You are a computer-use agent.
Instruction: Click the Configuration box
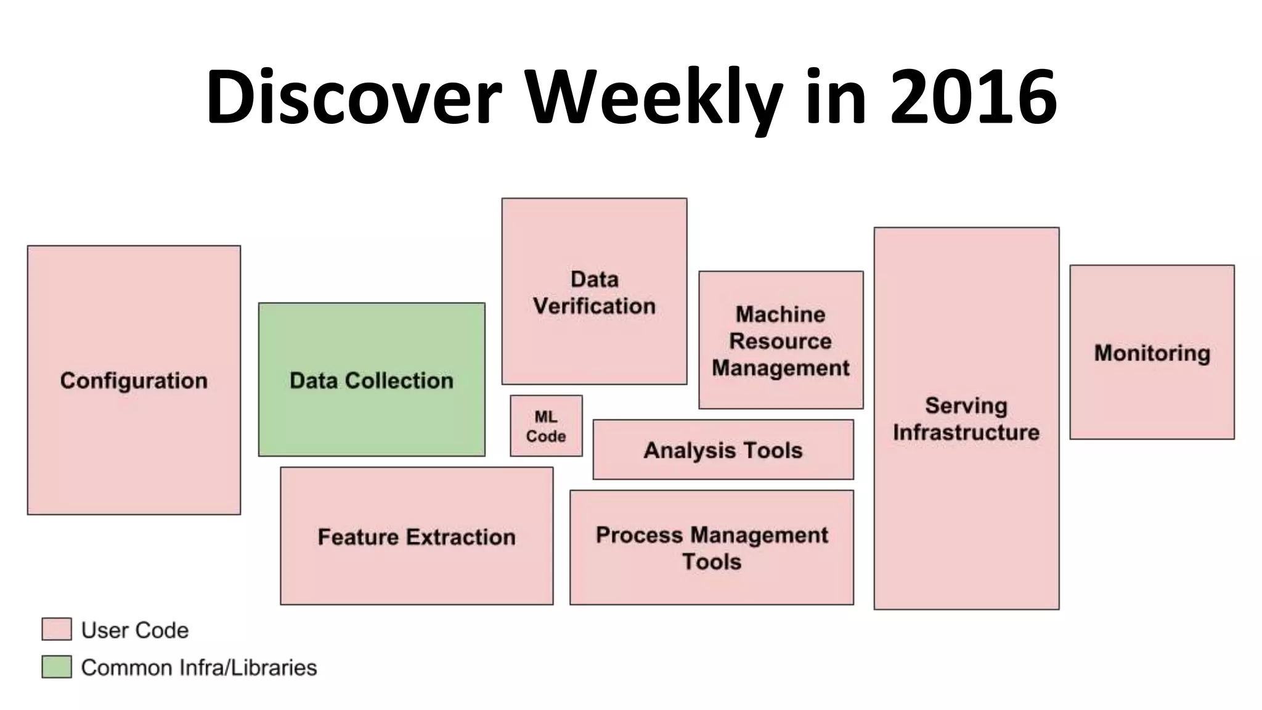pyautogui.click(x=134, y=380)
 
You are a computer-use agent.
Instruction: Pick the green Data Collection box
pyautogui.click(x=372, y=380)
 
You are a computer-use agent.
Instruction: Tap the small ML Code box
pyautogui.click(x=546, y=426)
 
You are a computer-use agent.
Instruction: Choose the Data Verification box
pyautogui.click(x=594, y=292)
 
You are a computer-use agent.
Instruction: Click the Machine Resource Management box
pyautogui.click(x=781, y=340)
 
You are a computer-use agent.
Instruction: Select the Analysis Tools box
pyautogui.click(x=723, y=450)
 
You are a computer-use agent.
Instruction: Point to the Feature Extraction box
pyautogui.click(x=417, y=536)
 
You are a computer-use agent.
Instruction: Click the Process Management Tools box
pyautogui.click(x=712, y=548)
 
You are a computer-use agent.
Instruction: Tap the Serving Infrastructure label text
pyautogui.click(x=966, y=419)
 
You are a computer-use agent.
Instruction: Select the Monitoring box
pyautogui.click(x=1152, y=353)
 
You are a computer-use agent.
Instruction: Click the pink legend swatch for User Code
pyautogui.click(x=57, y=629)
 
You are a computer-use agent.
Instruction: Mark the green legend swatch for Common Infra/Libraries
pyautogui.click(x=57, y=667)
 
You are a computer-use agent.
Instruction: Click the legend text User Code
pyautogui.click(x=135, y=630)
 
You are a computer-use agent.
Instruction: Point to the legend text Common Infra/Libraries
pyautogui.click(x=199, y=667)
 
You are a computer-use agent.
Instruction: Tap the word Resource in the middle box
pyautogui.click(x=781, y=341)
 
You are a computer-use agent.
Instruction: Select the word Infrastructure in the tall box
pyautogui.click(x=966, y=432)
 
